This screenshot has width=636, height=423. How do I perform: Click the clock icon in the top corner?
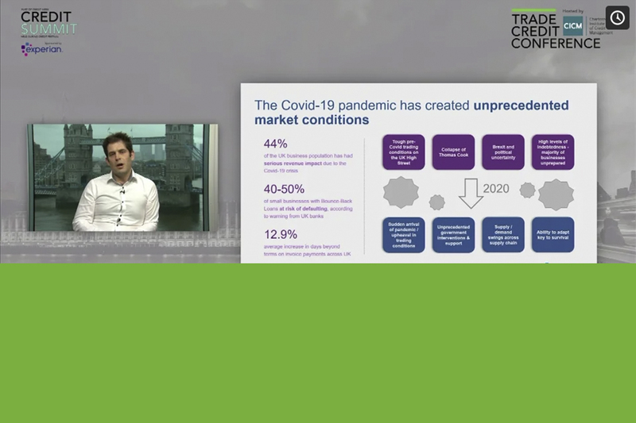click(x=617, y=17)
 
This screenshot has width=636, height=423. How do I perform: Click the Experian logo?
click(x=41, y=49)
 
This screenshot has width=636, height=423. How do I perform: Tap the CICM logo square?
click(x=572, y=25)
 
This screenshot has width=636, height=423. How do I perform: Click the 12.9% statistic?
click(x=281, y=234)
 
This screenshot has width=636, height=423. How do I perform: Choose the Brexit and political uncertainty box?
click(x=502, y=152)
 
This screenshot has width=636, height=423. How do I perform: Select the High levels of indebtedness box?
click(x=553, y=152)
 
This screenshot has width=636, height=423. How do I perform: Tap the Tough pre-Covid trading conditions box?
click(x=403, y=152)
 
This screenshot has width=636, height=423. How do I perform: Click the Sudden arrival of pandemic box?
click(x=403, y=235)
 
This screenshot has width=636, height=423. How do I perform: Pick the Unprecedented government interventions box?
click(x=453, y=235)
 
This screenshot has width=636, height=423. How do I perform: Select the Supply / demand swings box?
click(x=502, y=235)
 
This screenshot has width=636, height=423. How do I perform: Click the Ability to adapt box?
click(x=553, y=235)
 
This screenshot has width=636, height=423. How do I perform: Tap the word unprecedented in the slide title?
click(x=521, y=105)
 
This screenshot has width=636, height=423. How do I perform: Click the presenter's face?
click(x=117, y=151)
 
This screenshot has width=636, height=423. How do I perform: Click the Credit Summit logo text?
click(x=48, y=23)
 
